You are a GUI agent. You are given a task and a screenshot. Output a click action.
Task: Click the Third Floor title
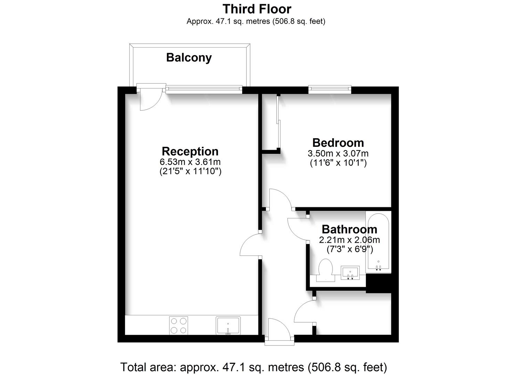point(257,9)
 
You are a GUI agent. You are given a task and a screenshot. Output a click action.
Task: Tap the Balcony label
point(189,58)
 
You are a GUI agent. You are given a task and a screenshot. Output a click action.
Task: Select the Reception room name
point(190,151)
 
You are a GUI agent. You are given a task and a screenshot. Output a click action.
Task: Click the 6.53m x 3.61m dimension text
point(190,162)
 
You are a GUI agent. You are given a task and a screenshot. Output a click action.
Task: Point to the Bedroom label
point(338,143)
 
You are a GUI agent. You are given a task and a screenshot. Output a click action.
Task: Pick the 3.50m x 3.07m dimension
point(338,153)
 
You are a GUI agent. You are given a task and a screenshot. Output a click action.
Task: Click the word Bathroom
point(350,229)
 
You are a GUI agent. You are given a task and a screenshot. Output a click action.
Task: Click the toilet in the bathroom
point(326,270)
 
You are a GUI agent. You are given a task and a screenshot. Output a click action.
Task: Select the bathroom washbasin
point(350,273)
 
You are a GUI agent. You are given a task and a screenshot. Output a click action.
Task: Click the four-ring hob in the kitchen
point(179,325)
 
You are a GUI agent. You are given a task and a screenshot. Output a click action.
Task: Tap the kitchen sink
point(228,325)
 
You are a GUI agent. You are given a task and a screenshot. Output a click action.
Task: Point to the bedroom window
point(330,90)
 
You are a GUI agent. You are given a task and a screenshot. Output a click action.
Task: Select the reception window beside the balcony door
point(204,90)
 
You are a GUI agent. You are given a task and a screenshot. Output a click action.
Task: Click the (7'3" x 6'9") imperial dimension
point(350,249)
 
